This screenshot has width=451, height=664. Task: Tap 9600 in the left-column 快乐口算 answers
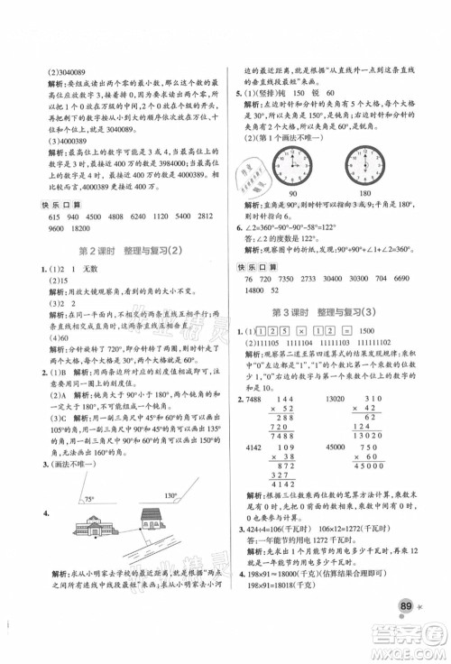34,229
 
